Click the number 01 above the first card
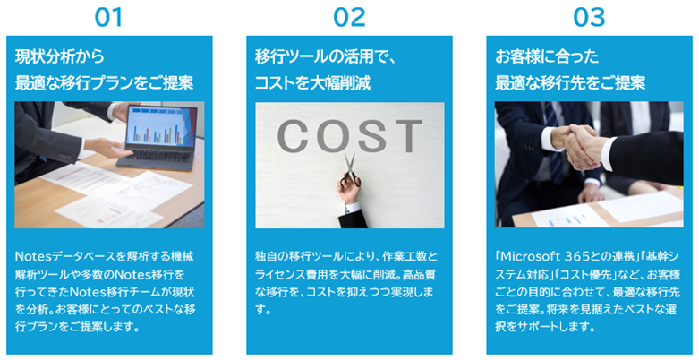108,17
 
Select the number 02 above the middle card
349,17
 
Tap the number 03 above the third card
589,17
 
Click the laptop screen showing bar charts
161,127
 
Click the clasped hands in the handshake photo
579,147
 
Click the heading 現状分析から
59,56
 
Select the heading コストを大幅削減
312,83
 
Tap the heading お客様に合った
547,56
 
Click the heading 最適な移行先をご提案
570,83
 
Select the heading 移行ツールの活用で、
326,56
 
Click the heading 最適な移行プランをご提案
104,83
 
